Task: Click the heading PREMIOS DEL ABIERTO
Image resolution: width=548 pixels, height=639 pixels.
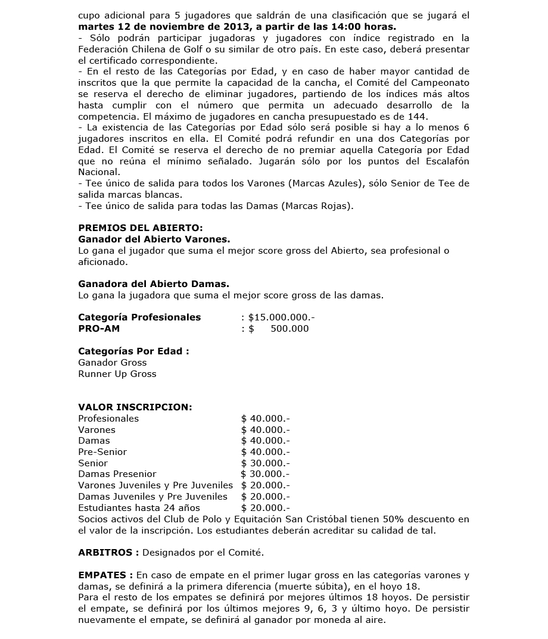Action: (x=141, y=227)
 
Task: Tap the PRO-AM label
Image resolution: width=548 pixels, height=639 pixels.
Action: (x=99, y=329)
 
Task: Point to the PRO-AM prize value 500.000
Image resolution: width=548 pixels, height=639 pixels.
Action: (x=289, y=329)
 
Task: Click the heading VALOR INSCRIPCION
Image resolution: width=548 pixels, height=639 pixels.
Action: (x=135, y=407)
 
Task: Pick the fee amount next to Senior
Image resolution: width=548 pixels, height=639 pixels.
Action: (x=265, y=463)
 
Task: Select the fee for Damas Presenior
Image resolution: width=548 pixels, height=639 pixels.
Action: (x=265, y=474)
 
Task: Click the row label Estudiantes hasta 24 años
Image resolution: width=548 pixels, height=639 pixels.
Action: (x=139, y=508)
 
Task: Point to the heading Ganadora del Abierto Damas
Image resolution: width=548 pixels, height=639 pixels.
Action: (x=154, y=284)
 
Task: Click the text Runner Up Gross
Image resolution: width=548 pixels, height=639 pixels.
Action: (x=117, y=374)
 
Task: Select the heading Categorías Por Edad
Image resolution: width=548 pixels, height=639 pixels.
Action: (x=133, y=351)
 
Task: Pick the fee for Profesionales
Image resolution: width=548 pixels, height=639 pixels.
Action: (x=265, y=419)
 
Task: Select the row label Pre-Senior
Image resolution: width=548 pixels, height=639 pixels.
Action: (x=102, y=452)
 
